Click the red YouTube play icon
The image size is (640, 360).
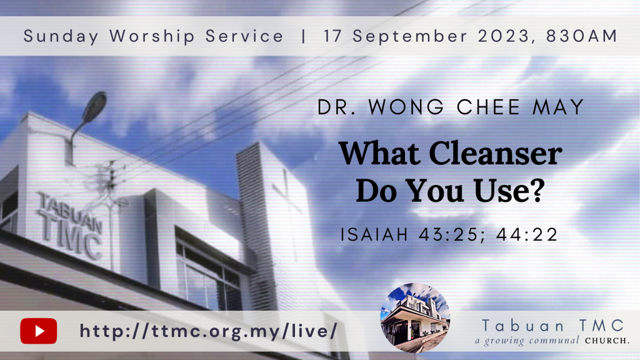[39, 331]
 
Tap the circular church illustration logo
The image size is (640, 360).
[415, 317]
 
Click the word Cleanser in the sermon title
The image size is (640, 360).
[495, 154]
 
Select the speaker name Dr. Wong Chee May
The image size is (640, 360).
[451, 107]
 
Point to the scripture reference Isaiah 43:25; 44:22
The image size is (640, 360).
[449, 235]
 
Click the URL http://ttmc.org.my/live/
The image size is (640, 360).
[209, 331]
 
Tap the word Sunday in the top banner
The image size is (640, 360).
[61, 36]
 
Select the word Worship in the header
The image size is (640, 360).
[152, 36]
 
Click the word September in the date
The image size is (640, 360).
[410, 36]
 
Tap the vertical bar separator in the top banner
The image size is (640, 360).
[303, 36]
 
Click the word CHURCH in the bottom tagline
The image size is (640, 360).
[607, 341]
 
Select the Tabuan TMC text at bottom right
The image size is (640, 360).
[553, 326]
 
